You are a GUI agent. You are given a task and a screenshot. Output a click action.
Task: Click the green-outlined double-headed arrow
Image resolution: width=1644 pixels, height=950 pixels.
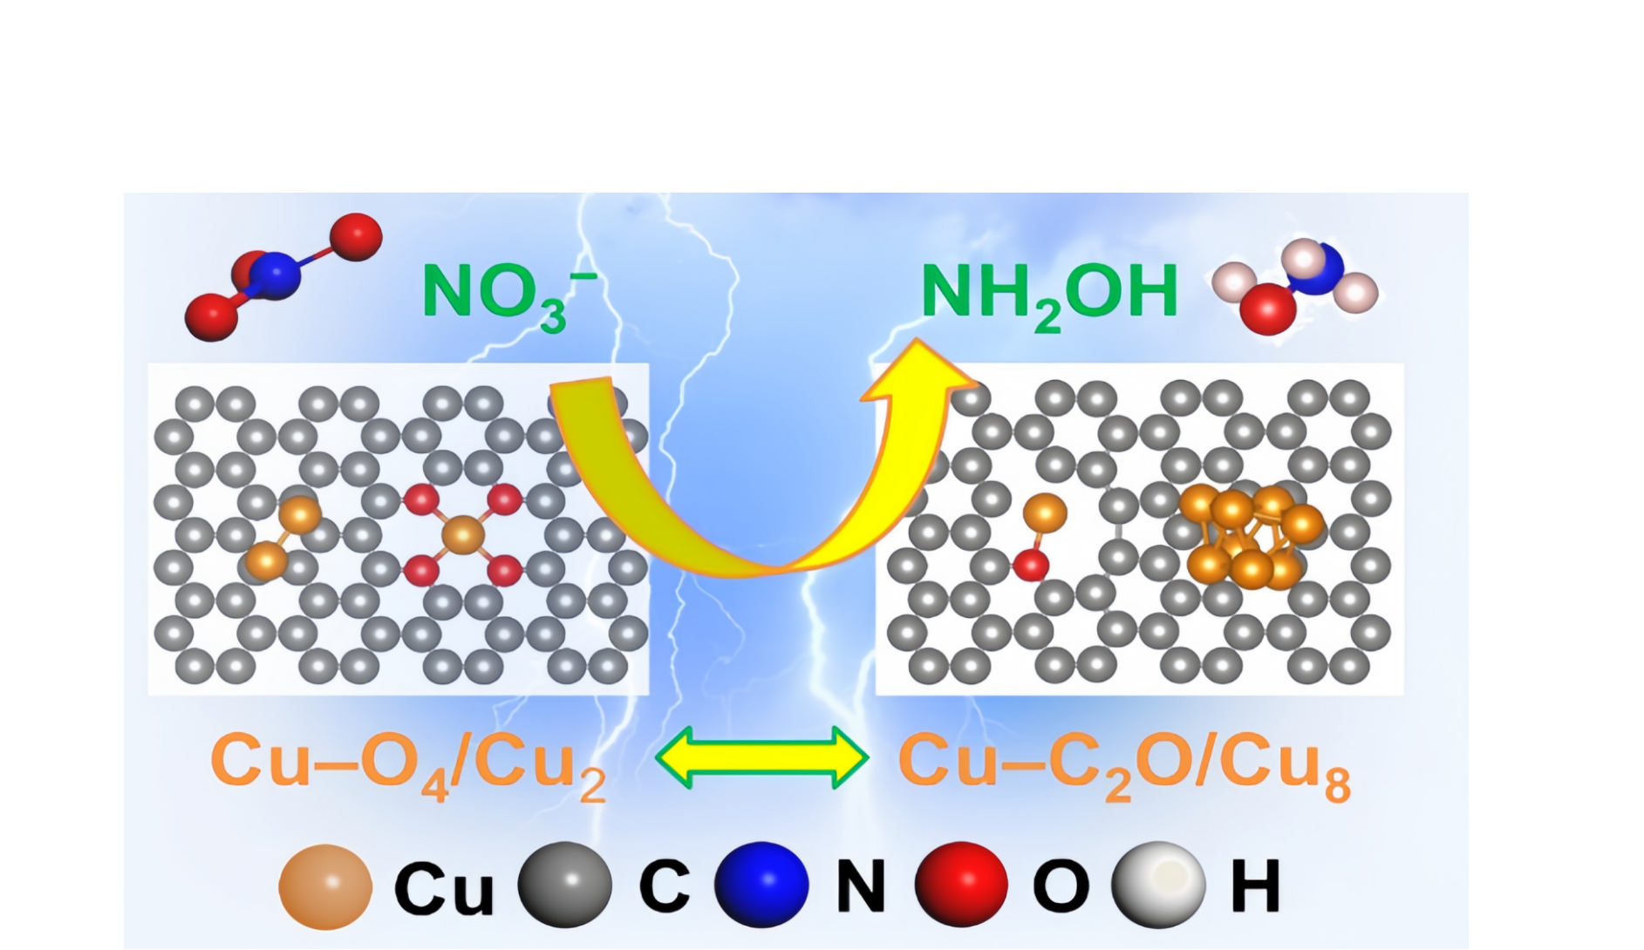pos(761,758)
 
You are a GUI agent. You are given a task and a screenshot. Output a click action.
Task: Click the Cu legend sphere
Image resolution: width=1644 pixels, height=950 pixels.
pos(324,886)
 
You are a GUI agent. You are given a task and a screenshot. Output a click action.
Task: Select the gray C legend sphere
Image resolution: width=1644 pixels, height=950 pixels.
pos(564,885)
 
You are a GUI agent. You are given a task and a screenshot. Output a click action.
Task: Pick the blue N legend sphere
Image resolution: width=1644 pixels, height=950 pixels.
pos(761,885)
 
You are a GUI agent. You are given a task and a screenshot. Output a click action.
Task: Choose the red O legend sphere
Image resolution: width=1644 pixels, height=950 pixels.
pos(961,885)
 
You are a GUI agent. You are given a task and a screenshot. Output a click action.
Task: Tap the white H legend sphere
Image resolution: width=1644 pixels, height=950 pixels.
pos(1157,885)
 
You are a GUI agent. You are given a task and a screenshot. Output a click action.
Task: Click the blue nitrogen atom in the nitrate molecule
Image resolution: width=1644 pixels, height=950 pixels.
pos(276,275)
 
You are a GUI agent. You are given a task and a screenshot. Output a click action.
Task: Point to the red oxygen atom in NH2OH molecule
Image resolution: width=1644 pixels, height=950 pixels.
pos(1267,308)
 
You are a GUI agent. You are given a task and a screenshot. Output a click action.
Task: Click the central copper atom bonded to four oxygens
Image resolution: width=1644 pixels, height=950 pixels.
pos(463,534)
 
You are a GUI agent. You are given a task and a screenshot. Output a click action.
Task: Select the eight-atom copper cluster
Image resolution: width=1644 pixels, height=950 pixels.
pos(1250,536)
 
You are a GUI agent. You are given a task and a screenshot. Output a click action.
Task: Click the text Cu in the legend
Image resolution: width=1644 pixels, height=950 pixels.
pos(443,888)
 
